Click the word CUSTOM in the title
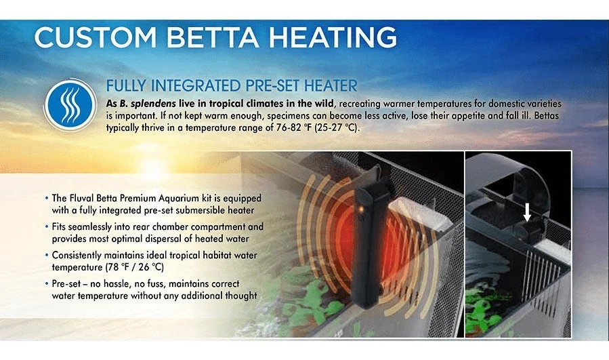click(96, 37)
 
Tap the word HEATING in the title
click(333, 37)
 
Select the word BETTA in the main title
click(213, 37)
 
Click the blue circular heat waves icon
click(70, 105)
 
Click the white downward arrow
click(526, 213)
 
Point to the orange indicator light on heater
click(361, 210)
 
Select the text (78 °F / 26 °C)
click(134, 268)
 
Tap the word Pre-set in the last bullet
click(66, 284)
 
